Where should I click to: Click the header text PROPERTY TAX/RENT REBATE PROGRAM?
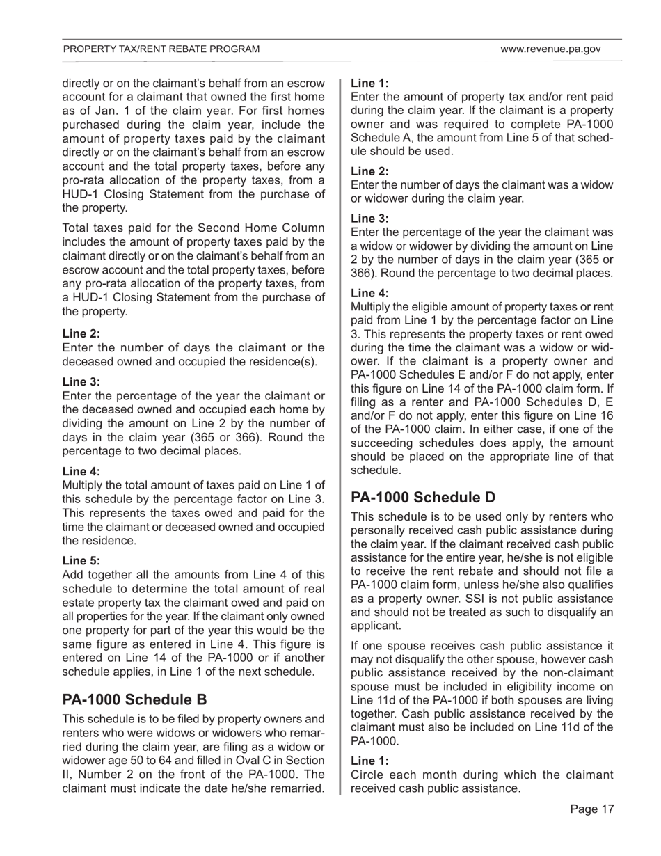tap(161, 49)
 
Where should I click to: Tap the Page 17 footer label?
tap(592, 809)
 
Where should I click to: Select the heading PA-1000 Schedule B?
tap(135, 699)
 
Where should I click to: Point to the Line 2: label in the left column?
tap(81, 333)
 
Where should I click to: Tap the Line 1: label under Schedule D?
tap(369, 761)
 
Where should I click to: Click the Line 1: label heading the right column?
tap(369, 82)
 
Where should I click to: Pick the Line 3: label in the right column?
tap(369, 218)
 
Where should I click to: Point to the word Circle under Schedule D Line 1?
tap(367, 775)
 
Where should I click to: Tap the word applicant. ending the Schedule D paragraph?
tap(376, 626)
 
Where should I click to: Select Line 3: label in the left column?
tap(81, 381)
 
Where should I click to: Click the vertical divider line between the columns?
tap(340, 431)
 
